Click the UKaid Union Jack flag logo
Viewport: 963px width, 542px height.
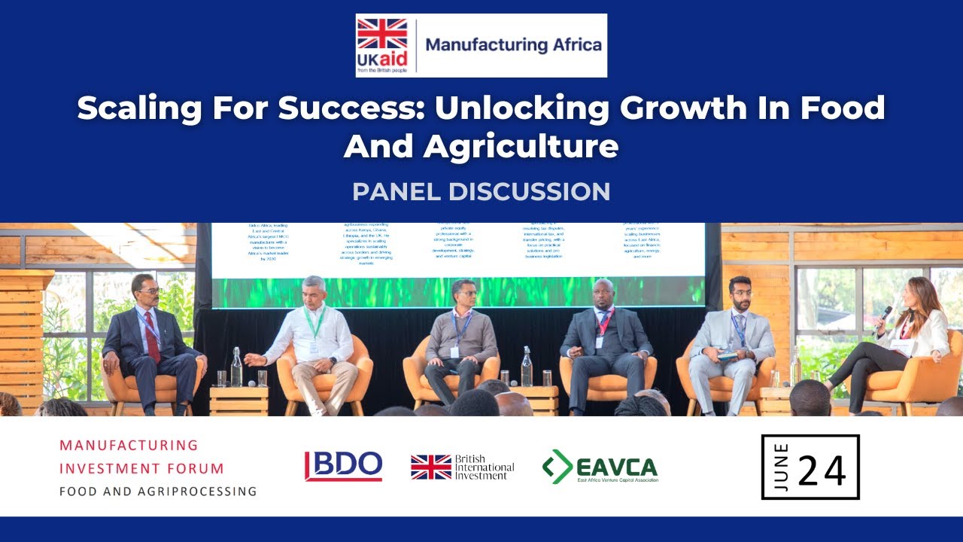(x=381, y=34)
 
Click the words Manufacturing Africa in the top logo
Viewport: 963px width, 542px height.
(x=514, y=44)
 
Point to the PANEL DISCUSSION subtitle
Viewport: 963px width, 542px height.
(x=481, y=191)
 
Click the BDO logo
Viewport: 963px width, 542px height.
(x=343, y=466)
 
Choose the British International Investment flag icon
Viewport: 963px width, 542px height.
(x=431, y=467)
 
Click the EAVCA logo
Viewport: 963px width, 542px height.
(x=600, y=467)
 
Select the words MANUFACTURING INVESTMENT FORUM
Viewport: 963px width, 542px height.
(x=141, y=457)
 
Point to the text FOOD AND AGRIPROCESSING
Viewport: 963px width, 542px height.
(x=158, y=492)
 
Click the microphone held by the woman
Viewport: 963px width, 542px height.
(x=884, y=315)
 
